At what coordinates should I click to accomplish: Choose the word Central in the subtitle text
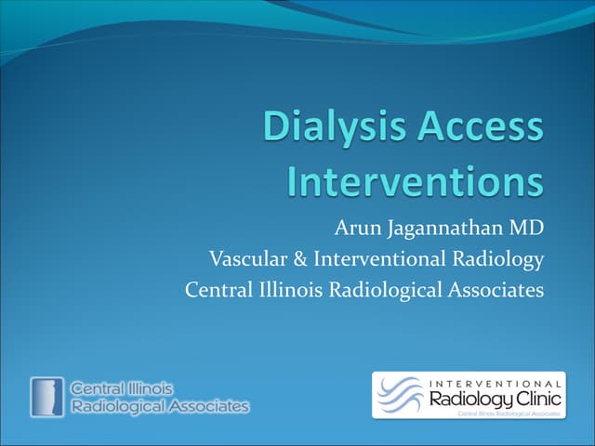coord(218,290)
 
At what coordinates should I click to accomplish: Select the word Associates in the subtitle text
coord(496,290)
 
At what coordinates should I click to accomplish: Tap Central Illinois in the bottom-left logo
coord(121,388)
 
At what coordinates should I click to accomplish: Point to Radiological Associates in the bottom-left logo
coord(160,406)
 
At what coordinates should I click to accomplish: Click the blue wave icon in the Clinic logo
coord(403,395)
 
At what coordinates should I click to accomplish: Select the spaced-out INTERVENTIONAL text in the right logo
coord(496,383)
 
